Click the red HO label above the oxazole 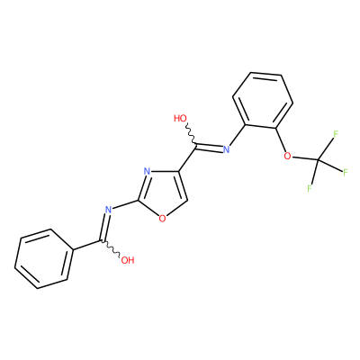coord(180,118)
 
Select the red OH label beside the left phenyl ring coord(128,260)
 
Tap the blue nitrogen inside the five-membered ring coord(147,172)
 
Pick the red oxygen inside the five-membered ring coord(162,219)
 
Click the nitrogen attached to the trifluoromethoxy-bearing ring coord(226,149)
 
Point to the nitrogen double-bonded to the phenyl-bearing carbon coord(108,209)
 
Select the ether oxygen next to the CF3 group coord(287,156)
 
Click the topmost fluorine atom coord(336,134)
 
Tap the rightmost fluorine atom coord(346,172)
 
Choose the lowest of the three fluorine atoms coord(310,188)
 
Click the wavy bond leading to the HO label coord(191,134)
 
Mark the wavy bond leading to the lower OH coord(112,248)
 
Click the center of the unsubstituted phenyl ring coord(44,259)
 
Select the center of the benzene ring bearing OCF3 coord(263,101)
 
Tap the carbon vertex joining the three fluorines coord(319,159)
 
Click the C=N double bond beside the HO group coord(210,147)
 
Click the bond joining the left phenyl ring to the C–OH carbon coord(88,245)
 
